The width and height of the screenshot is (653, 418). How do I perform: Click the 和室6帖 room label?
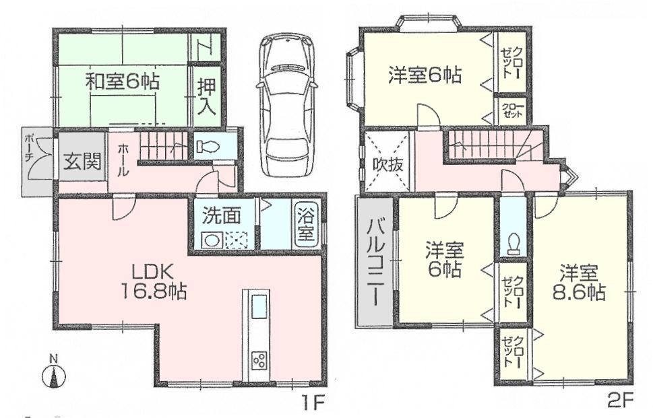point(122,82)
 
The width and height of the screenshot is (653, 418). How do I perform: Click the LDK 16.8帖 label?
point(154,281)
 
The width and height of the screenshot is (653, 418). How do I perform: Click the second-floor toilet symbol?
point(515,242)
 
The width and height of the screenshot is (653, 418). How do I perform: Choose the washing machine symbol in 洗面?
point(212,239)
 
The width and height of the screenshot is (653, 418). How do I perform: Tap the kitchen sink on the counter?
point(259,309)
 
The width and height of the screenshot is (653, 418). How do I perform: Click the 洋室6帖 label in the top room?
point(425,75)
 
